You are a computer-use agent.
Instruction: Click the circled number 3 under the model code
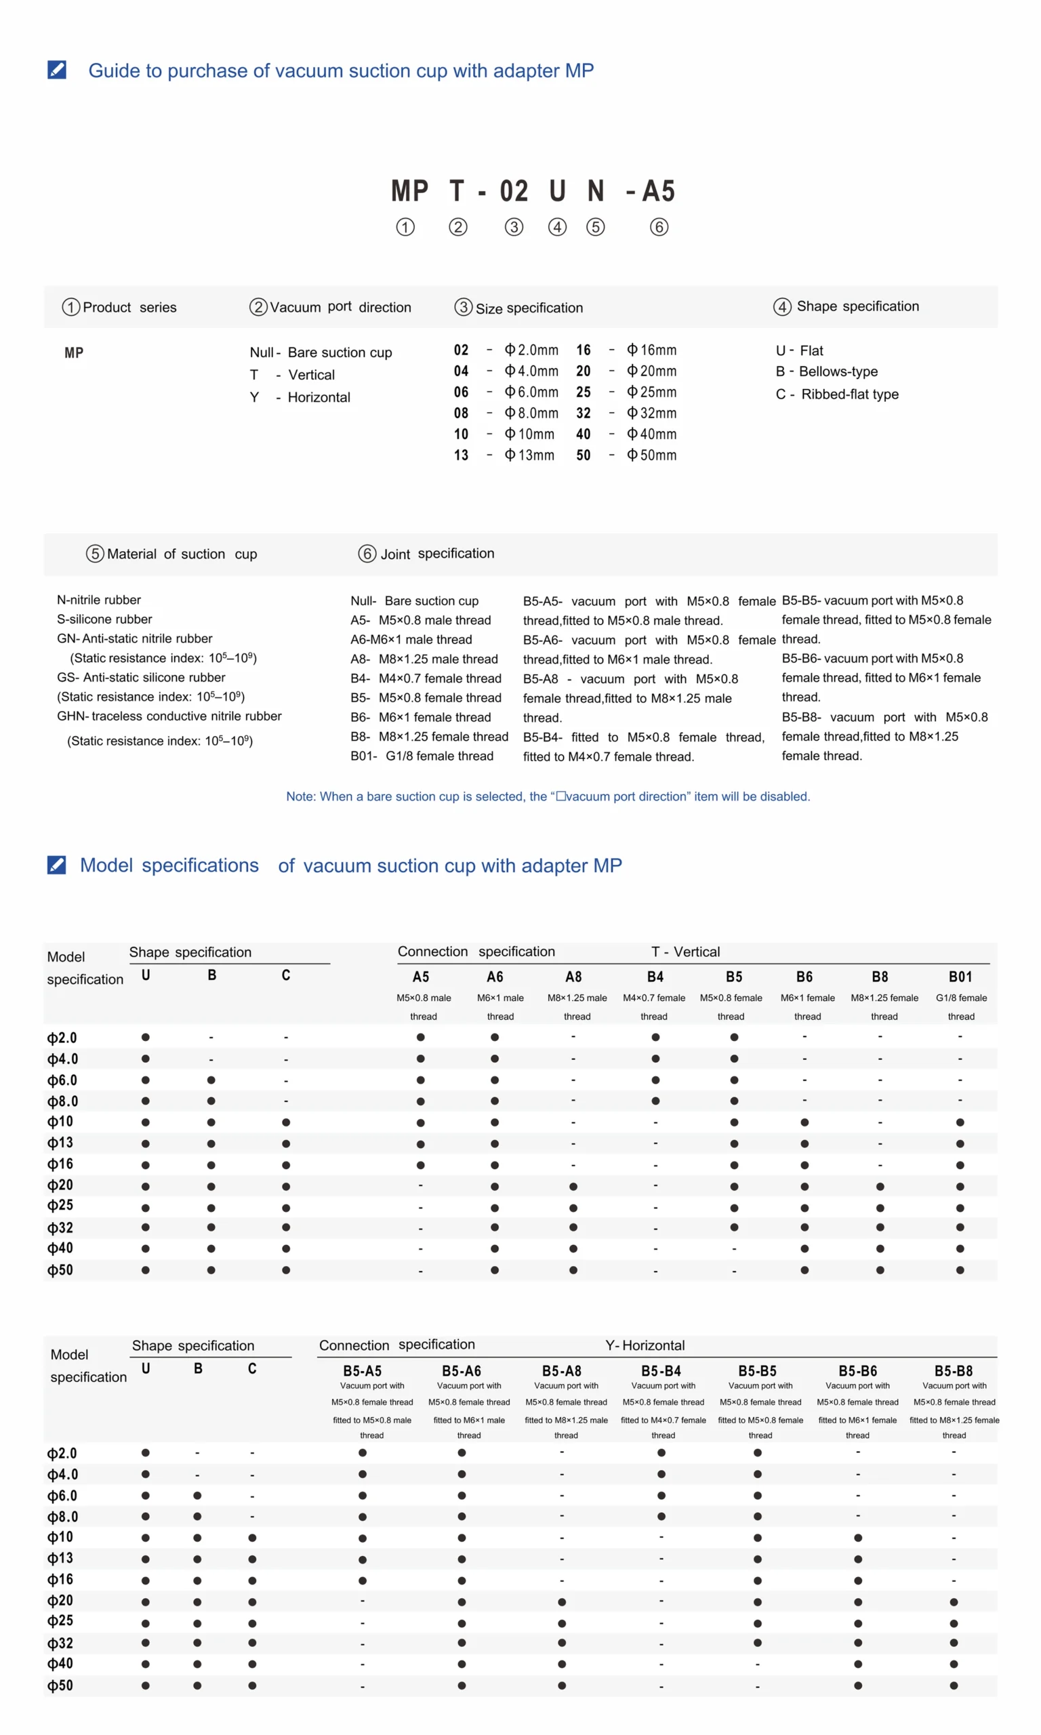(514, 227)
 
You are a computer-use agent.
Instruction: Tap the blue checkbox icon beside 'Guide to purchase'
(57, 70)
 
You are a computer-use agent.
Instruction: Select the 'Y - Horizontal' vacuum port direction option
(300, 397)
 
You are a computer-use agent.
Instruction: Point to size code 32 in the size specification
(583, 413)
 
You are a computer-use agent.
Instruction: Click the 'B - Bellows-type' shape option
(826, 371)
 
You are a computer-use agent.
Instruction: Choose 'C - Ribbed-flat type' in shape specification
(837, 394)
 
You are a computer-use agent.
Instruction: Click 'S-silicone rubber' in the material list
(104, 619)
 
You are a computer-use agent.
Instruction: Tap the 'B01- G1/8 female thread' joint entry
(422, 756)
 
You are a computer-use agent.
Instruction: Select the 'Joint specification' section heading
(426, 553)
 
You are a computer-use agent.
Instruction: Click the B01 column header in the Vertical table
(960, 977)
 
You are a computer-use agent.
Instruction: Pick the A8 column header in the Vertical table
(573, 977)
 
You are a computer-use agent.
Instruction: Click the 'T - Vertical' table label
(685, 952)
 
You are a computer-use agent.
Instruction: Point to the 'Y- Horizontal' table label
(645, 1345)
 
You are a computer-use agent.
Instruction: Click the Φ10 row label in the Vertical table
(60, 1122)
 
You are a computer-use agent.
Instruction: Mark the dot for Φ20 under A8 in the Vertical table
(573, 1187)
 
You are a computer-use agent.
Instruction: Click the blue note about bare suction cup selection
(548, 796)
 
